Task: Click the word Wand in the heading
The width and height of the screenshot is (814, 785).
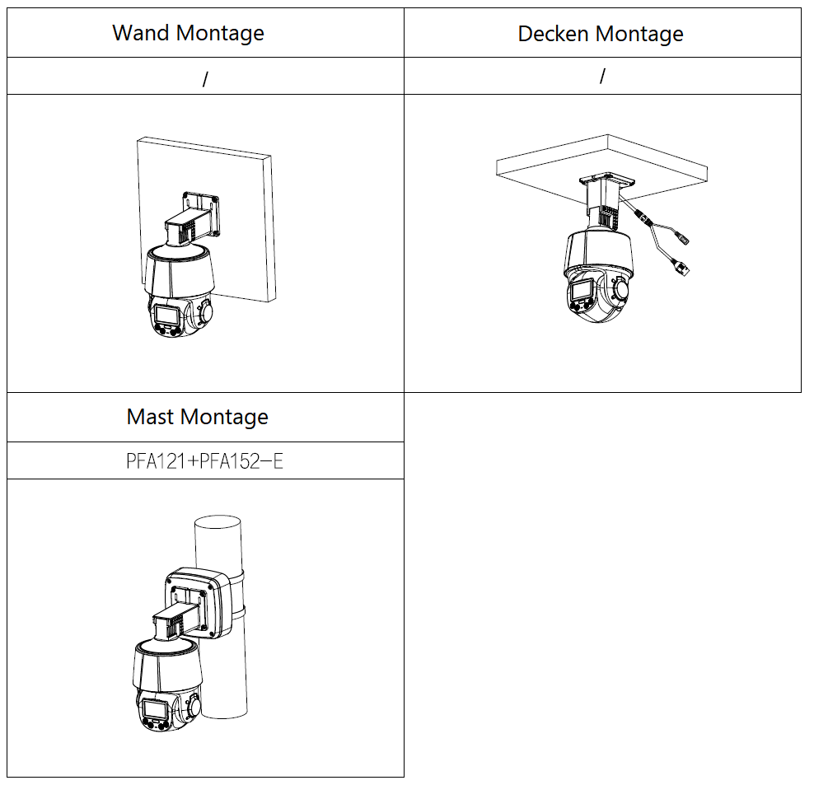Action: click(x=141, y=33)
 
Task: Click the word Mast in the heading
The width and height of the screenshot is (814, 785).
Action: click(x=151, y=416)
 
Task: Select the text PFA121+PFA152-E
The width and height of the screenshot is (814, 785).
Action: click(x=205, y=461)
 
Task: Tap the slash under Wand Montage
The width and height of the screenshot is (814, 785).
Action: click(x=206, y=79)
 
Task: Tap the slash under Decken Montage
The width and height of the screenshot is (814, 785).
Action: click(x=602, y=77)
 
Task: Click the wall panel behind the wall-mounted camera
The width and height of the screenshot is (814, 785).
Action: click(x=244, y=218)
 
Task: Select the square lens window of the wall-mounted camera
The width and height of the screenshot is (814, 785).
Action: click(x=166, y=315)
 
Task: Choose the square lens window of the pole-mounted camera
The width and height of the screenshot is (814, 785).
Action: click(x=154, y=709)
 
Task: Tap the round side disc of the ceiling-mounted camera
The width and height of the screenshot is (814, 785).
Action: click(x=620, y=288)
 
